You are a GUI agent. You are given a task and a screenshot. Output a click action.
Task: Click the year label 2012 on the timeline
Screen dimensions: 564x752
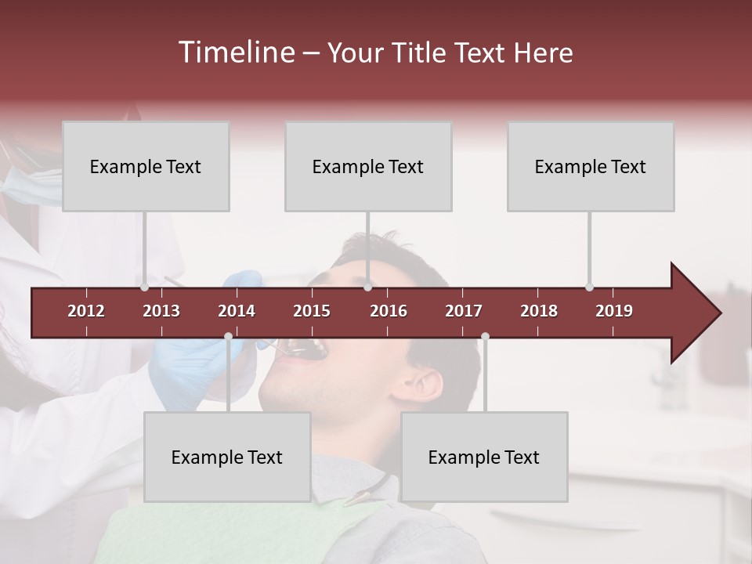[x=86, y=311]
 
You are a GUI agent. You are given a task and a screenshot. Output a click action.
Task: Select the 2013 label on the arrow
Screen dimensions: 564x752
[x=161, y=311]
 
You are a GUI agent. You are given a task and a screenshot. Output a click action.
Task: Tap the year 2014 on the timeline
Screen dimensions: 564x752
[x=237, y=311]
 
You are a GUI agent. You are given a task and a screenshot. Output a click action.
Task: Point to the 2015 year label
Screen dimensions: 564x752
[x=312, y=311]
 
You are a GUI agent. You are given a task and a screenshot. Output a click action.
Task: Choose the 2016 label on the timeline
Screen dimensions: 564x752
[x=389, y=311]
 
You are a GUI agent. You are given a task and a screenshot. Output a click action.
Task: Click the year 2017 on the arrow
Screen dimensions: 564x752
[x=464, y=311]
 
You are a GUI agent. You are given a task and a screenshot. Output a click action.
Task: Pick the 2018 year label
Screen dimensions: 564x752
[x=539, y=311]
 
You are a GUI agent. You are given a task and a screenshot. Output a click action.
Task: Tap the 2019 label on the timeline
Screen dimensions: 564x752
[x=614, y=311]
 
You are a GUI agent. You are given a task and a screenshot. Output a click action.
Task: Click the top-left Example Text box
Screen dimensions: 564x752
[x=146, y=166]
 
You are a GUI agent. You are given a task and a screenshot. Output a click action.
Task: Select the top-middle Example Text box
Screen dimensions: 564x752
[x=368, y=166]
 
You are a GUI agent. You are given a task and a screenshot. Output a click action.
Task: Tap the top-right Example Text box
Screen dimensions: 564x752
[x=591, y=166]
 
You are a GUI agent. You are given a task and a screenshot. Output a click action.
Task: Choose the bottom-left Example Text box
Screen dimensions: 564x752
[x=227, y=457]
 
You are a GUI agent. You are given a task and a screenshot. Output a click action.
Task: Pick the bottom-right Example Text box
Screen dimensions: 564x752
[x=484, y=457]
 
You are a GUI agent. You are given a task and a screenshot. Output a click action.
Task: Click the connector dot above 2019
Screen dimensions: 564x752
[x=589, y=287]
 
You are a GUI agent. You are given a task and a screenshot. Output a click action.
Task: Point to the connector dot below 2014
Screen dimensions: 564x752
[x=228, y=337]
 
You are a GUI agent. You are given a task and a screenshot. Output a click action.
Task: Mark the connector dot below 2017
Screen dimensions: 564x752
[x=485, y=337]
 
